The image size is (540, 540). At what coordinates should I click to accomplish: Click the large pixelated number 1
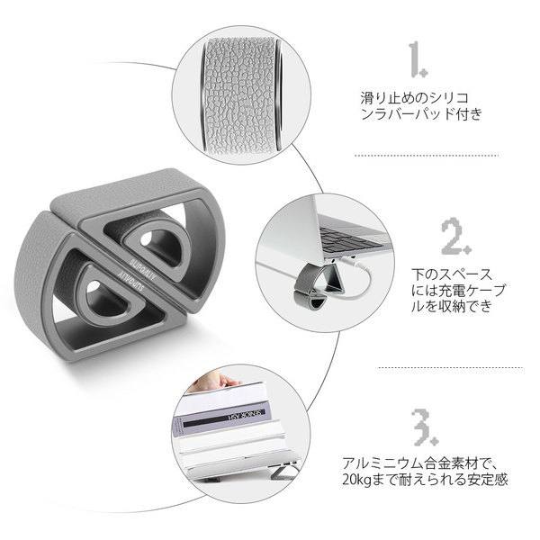click(x=417, y=58)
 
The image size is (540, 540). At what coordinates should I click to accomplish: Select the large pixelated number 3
click(x=425, y=427)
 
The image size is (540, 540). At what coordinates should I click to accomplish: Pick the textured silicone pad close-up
click(x=240, y=94)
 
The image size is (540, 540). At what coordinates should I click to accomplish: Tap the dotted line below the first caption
click(x=427, y=156)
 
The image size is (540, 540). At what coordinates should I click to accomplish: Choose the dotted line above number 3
click(x=450, y=368)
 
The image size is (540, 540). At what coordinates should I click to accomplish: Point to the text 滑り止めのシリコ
click(x=415, y=98)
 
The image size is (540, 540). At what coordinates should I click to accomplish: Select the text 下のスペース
click(x=452, y=274)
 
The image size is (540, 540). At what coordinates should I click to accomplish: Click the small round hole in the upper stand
click(x=146, y=238)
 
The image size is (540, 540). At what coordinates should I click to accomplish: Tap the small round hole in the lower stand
click(x=93, y=286)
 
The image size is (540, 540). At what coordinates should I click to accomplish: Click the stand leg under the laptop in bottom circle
click(x=283, y=471)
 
